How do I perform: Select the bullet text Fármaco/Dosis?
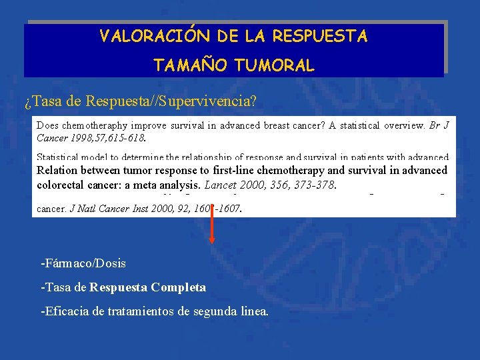[83, 263]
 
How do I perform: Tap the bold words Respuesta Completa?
[148, 287]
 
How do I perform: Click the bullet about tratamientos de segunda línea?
[155, 311]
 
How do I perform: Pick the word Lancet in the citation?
[221, 185]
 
